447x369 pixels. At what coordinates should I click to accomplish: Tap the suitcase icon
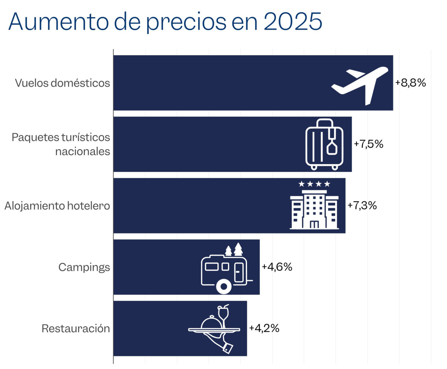[324, 144]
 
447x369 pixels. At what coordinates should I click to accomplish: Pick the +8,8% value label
[410, 83]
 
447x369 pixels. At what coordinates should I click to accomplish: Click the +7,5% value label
[368, 144]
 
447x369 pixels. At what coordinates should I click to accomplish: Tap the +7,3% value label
[362, 205]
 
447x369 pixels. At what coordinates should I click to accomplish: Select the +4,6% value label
[277, 267]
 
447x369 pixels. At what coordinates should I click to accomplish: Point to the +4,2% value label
[264, 328]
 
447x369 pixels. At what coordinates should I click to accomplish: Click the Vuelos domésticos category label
[63, 83]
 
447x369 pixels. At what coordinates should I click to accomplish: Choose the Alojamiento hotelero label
[57, 206]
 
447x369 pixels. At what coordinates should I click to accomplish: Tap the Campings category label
[84, 267]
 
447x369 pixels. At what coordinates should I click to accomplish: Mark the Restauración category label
[76, 329]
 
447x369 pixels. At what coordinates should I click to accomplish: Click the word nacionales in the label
[82, 152]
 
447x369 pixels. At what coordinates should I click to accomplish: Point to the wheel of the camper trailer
[223, 287]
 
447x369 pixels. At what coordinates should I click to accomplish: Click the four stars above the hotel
[314, 184]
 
